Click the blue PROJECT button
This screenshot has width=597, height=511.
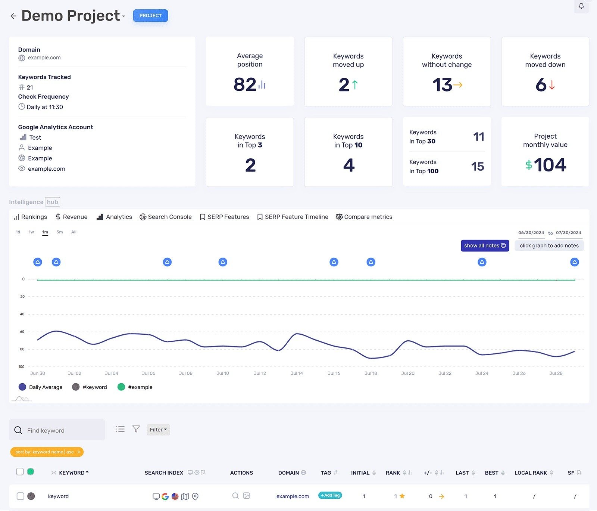coord(150,16)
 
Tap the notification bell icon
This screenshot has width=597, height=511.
coord(581,6)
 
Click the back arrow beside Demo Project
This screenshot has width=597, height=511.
coord(13,16)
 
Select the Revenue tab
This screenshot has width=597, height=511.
coord(71,217)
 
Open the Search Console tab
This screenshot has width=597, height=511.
coord(166,217)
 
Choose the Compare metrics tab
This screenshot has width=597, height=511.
coord(364,217)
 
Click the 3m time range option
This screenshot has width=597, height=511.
coord(59,232)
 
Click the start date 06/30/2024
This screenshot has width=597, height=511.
coord(531,232)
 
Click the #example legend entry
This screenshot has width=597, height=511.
coord(135,387)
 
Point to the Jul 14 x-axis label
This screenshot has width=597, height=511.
coord(297,373)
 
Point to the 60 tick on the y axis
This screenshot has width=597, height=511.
coord(22,332)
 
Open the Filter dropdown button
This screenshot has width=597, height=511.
coord(158,430)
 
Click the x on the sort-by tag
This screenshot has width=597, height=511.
coord(79,452)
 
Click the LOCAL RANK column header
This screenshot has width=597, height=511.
coord(531,473)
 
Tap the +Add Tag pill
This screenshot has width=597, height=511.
coord(330,495)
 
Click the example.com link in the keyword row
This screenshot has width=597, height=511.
coord(293,496)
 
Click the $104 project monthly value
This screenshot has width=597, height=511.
coord(546,165)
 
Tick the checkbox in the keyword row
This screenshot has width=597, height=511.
coord(21,496)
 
